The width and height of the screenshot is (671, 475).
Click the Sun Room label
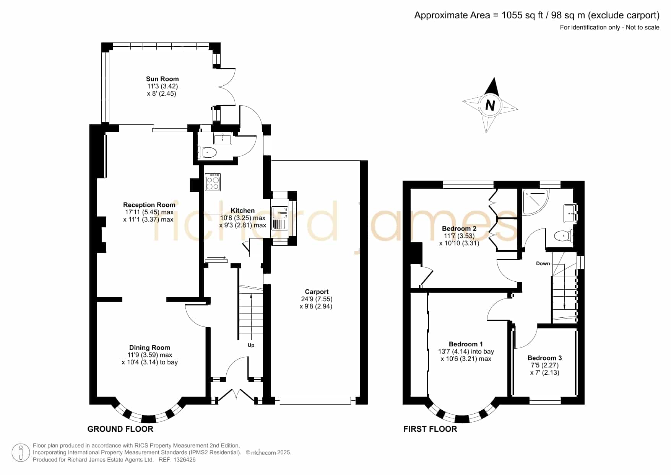[x=162, y=79]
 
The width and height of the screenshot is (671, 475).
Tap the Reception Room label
[x=149, y=205]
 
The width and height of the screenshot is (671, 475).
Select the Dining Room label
[x=149, y=348]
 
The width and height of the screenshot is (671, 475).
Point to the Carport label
[x=317, y=292]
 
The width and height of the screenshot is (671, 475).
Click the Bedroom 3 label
[x=544, y=358]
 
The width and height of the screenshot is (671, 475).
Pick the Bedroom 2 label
[x=459, y=229]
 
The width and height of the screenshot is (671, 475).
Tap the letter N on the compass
[x=490, y=105]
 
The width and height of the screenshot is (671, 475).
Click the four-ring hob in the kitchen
[x=213, y=182]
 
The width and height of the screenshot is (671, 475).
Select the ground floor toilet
[x=207, y=153]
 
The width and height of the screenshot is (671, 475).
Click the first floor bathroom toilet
[x=564, y=236]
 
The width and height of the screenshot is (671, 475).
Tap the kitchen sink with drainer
[x=279, y=218]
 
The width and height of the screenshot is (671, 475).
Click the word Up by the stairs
[x=251, y=345]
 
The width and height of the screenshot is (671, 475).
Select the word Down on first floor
[x=543, y=263]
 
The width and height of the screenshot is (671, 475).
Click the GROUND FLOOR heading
[x=120, y=429]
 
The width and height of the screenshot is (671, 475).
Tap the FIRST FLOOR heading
[x=430, y=429]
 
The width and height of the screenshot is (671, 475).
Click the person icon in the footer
[x=21, y=453]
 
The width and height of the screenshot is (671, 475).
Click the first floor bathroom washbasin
[x=570, y=213]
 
